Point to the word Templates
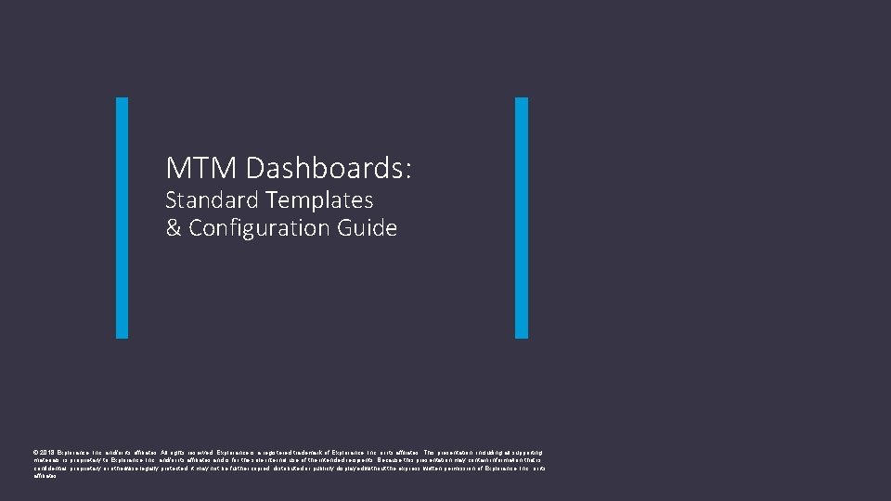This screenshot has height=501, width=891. coord(319,199)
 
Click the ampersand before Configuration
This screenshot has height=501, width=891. coord(174,228)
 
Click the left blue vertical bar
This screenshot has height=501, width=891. coord(122,218)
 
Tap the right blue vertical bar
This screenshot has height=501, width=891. coord(521,218)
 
